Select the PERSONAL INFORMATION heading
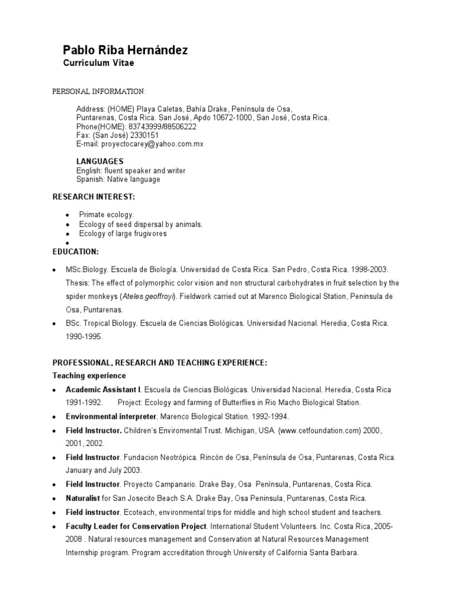pos(99,91)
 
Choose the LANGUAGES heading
pos(100,161)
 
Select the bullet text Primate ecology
pos(107,215)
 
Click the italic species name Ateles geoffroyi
pos(147,296)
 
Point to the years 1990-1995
pos(84,336)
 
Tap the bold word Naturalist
pos(83,498)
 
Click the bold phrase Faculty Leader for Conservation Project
pos(136,526)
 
